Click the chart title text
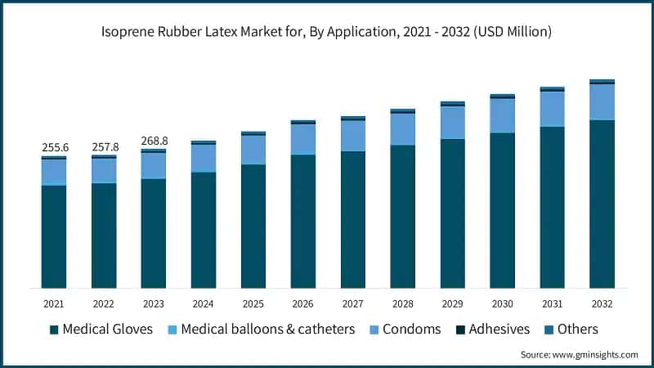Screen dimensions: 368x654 click(x=327, y=33)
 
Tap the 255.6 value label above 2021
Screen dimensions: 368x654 click(x=55, y=147)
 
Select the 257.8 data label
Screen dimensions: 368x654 click(x=105, y=146)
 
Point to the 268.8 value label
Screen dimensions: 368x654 click(x=155, y=140)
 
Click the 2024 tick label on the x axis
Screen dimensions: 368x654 click(x=204, y=303)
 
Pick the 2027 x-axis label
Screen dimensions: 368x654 click(x=353, y=303)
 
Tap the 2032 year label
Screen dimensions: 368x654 click(x=602, y=303)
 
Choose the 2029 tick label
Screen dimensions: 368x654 click(x=453, y=303)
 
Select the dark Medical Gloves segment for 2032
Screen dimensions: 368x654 click(x=602, y=204)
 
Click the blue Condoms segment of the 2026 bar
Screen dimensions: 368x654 click(x=303, y=139)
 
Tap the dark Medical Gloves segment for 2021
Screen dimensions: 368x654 click(x=55, y=237)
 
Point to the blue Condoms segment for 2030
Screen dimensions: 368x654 click(x=503, y=115)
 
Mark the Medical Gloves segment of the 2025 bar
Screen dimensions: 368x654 click(x=253, y=227)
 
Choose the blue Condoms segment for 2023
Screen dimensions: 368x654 click(x=155, y=166)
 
